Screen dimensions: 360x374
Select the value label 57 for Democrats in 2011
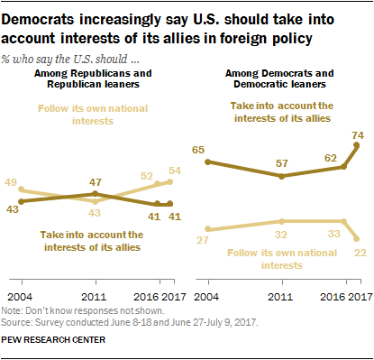283,163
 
